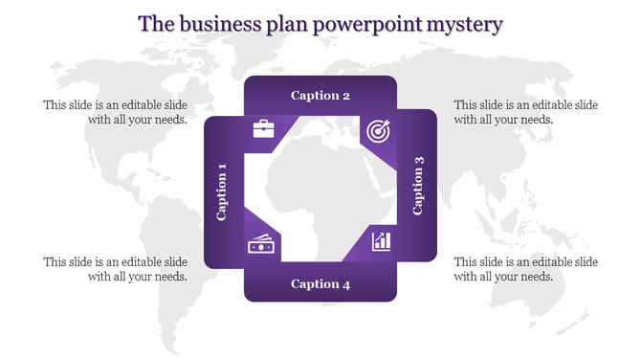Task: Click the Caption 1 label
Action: (x=222, y=191)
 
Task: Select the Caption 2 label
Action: (x=320, y=96)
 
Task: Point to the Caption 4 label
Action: (x=320, y=283)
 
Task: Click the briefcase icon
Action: (x=264, y=129)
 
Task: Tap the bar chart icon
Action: (x=381, y=239)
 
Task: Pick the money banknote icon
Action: (x=262, y=245)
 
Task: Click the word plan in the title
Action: (x=287, y=23)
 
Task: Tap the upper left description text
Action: (x=115, y=112)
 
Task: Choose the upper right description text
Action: (x=525, y=112)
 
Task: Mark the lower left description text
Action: (x=115, y=269)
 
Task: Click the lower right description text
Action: (x=525, y=269)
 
